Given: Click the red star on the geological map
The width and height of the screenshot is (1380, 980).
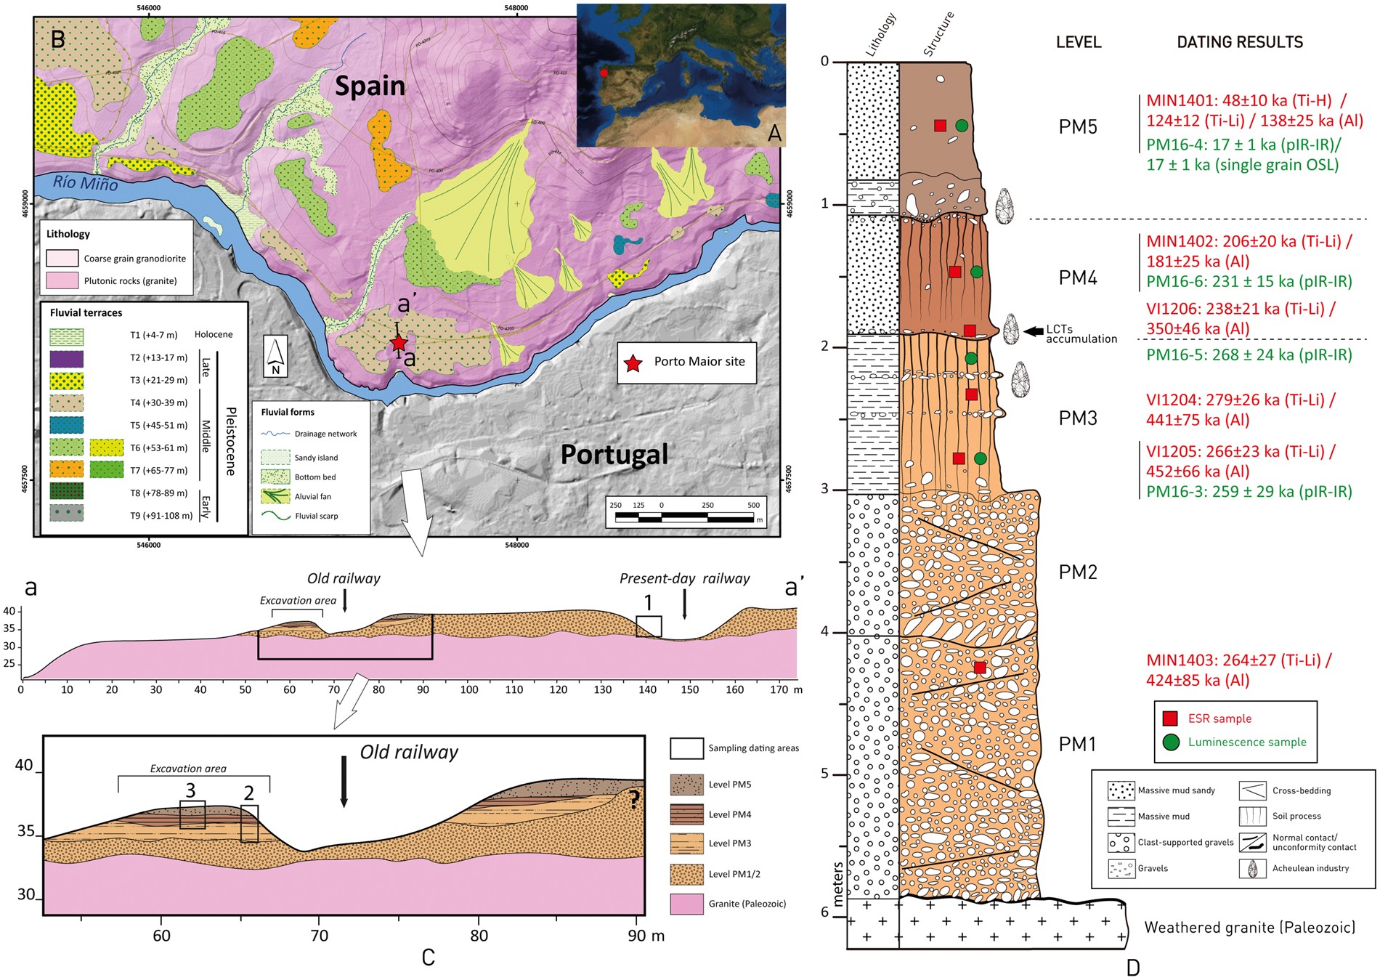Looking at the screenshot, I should [x=399, y=343].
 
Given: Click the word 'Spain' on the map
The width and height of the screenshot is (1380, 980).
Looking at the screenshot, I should [x=370, y=86].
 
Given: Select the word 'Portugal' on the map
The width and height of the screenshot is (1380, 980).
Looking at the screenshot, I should [x=614, y=455].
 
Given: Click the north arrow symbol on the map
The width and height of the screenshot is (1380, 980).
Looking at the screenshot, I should [x=275, y=357].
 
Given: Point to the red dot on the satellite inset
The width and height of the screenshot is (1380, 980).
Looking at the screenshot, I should [x=604, y=73].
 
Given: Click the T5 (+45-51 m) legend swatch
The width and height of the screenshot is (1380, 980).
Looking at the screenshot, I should [x=67, y=425].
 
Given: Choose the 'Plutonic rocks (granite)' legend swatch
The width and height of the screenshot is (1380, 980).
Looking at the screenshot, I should [x=62, y=280].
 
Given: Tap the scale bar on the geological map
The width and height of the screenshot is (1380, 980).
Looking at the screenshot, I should [x=684, y=517].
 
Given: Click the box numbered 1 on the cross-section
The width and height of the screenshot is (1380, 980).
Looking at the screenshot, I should [x=649, y=626].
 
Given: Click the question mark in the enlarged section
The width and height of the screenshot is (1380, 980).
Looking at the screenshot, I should [x=634, y=800].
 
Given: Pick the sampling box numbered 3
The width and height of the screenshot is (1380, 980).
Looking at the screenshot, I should [x=192, y=814].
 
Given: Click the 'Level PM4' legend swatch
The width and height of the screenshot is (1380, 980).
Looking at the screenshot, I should [x=686, y=814].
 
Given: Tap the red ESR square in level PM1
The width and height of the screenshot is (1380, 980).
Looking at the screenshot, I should [x=980, y=668].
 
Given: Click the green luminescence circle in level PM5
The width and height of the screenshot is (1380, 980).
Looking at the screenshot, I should [x=962, y=126].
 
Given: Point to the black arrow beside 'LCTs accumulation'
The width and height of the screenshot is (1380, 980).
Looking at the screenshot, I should [x=1033, y=331].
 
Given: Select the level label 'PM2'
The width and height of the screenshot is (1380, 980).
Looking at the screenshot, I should [x=1078, y=572].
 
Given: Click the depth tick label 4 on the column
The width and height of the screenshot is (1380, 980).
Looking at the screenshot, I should [x=824, y=632].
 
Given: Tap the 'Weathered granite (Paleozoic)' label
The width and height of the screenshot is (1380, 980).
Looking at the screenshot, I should [x=1249, y=927].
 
